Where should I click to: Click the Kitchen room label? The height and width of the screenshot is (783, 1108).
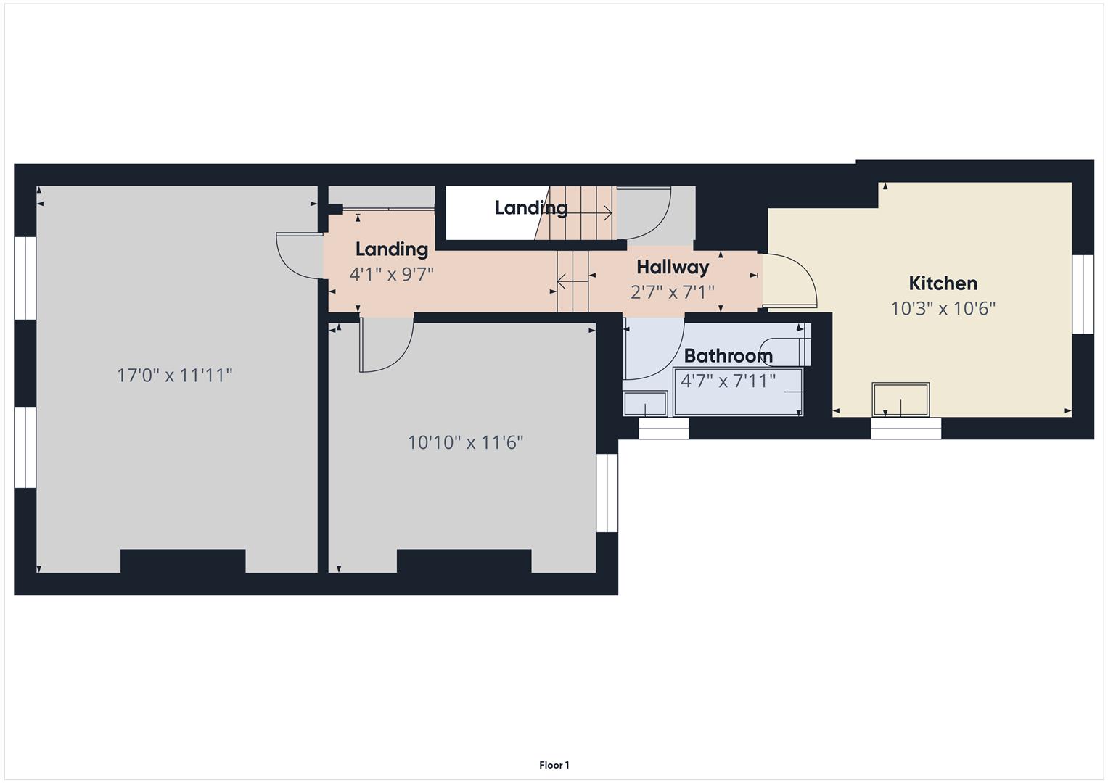click(x=943, y=283)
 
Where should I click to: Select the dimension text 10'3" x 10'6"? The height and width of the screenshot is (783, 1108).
click(x=943, y=308)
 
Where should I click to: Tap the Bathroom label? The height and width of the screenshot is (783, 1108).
click(x=728, y=355)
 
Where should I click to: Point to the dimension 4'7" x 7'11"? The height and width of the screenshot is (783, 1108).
click(x=728, y=381)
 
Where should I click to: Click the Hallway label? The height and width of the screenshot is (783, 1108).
click(x=672, y=267)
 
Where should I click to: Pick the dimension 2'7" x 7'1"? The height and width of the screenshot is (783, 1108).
click(x=672, y=291)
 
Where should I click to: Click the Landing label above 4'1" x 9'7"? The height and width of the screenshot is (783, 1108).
click(x=391, y=249)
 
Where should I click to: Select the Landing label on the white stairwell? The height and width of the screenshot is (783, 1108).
click(x=530, y=207)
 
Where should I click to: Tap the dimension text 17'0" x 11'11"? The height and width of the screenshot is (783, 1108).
click(x=174, y=375)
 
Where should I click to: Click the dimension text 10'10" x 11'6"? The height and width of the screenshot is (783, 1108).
click(x=465, y=442)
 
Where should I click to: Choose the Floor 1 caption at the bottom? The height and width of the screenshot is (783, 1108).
click(x=554, y=765)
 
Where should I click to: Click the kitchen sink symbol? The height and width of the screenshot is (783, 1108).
click(x=900, y=399)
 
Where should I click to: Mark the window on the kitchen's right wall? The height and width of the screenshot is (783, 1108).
click(x=1083, y=294)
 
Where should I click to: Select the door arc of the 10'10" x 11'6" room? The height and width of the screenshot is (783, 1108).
click(x=388, y=348)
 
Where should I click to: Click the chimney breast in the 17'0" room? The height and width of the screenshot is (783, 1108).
click(x=182, y=561)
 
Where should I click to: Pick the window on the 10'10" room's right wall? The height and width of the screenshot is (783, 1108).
click(x=607, y=493)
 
